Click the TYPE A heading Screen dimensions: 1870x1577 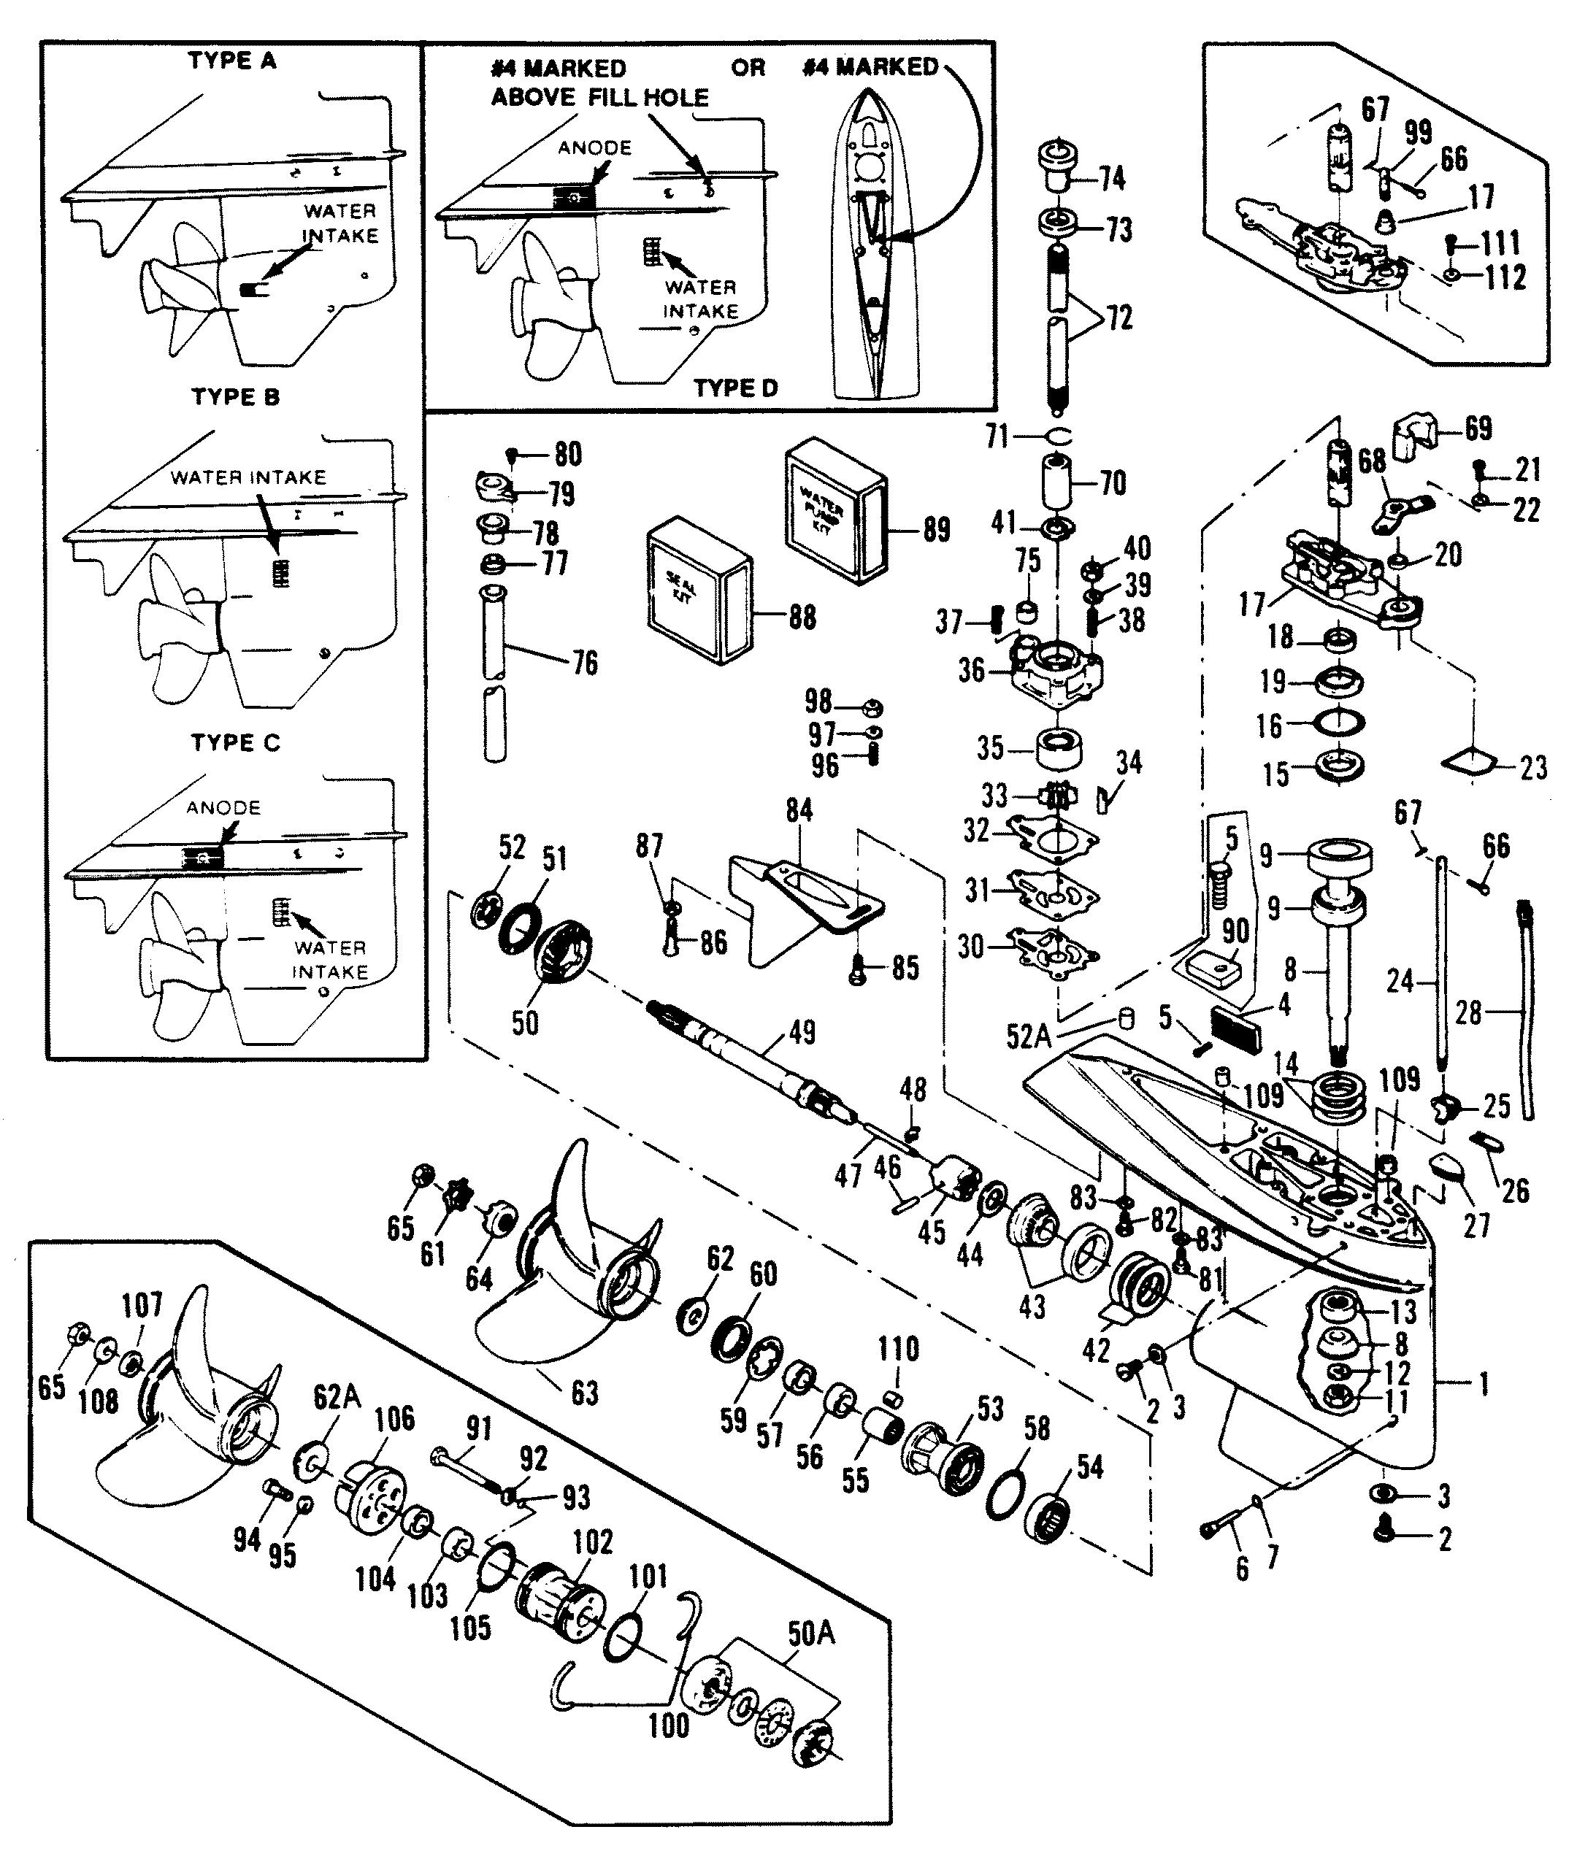pos(231,61)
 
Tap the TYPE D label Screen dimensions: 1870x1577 pos(736,388)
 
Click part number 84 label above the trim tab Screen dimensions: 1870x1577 pos(799,810)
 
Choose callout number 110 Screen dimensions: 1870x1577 pos(897,1349)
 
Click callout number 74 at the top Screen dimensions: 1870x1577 pos(1111,179)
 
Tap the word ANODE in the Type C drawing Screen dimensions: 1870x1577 pos(223,807)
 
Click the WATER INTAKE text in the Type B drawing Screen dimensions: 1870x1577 pos(248,477)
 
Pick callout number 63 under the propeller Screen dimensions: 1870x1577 pos(584,1392)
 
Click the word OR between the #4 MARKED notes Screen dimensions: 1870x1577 pos(748,67)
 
